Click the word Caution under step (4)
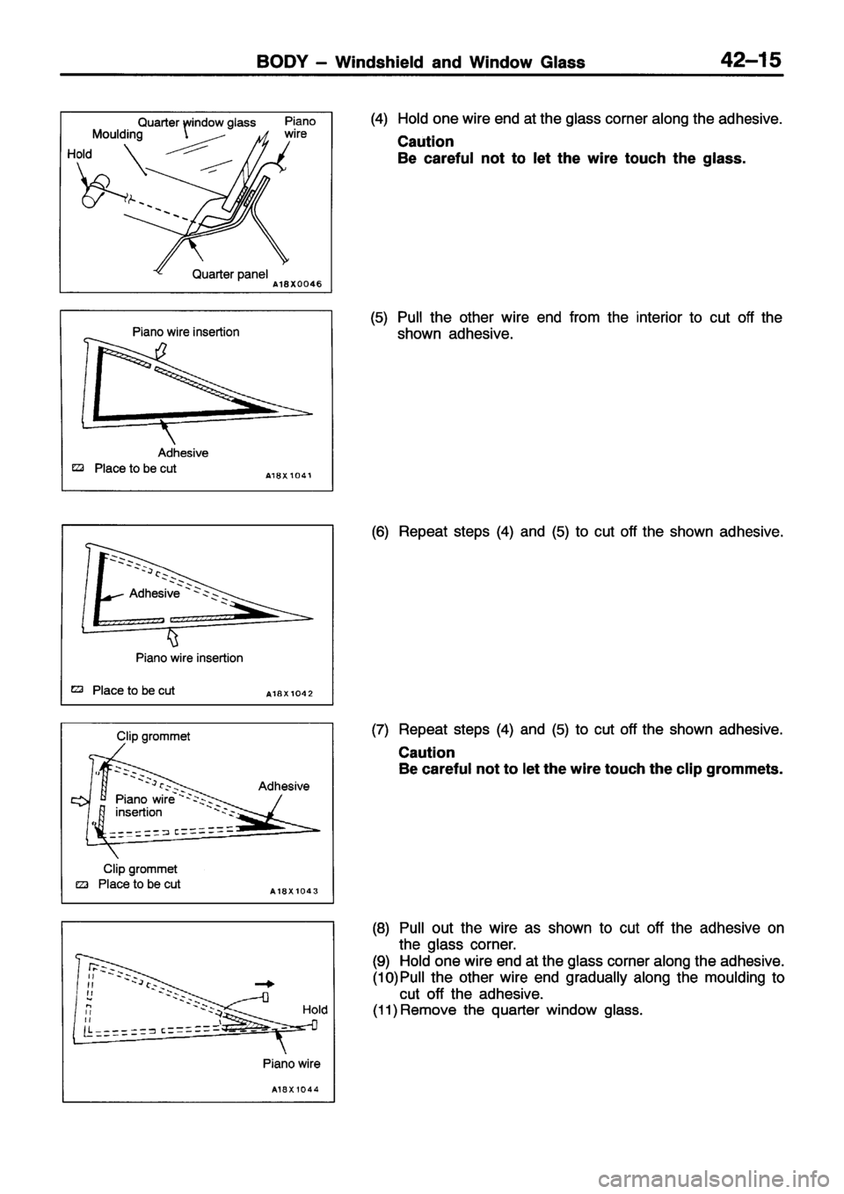426,142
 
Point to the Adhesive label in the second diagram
182,453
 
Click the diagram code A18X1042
291,694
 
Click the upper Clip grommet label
154,736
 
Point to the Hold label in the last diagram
314,1010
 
